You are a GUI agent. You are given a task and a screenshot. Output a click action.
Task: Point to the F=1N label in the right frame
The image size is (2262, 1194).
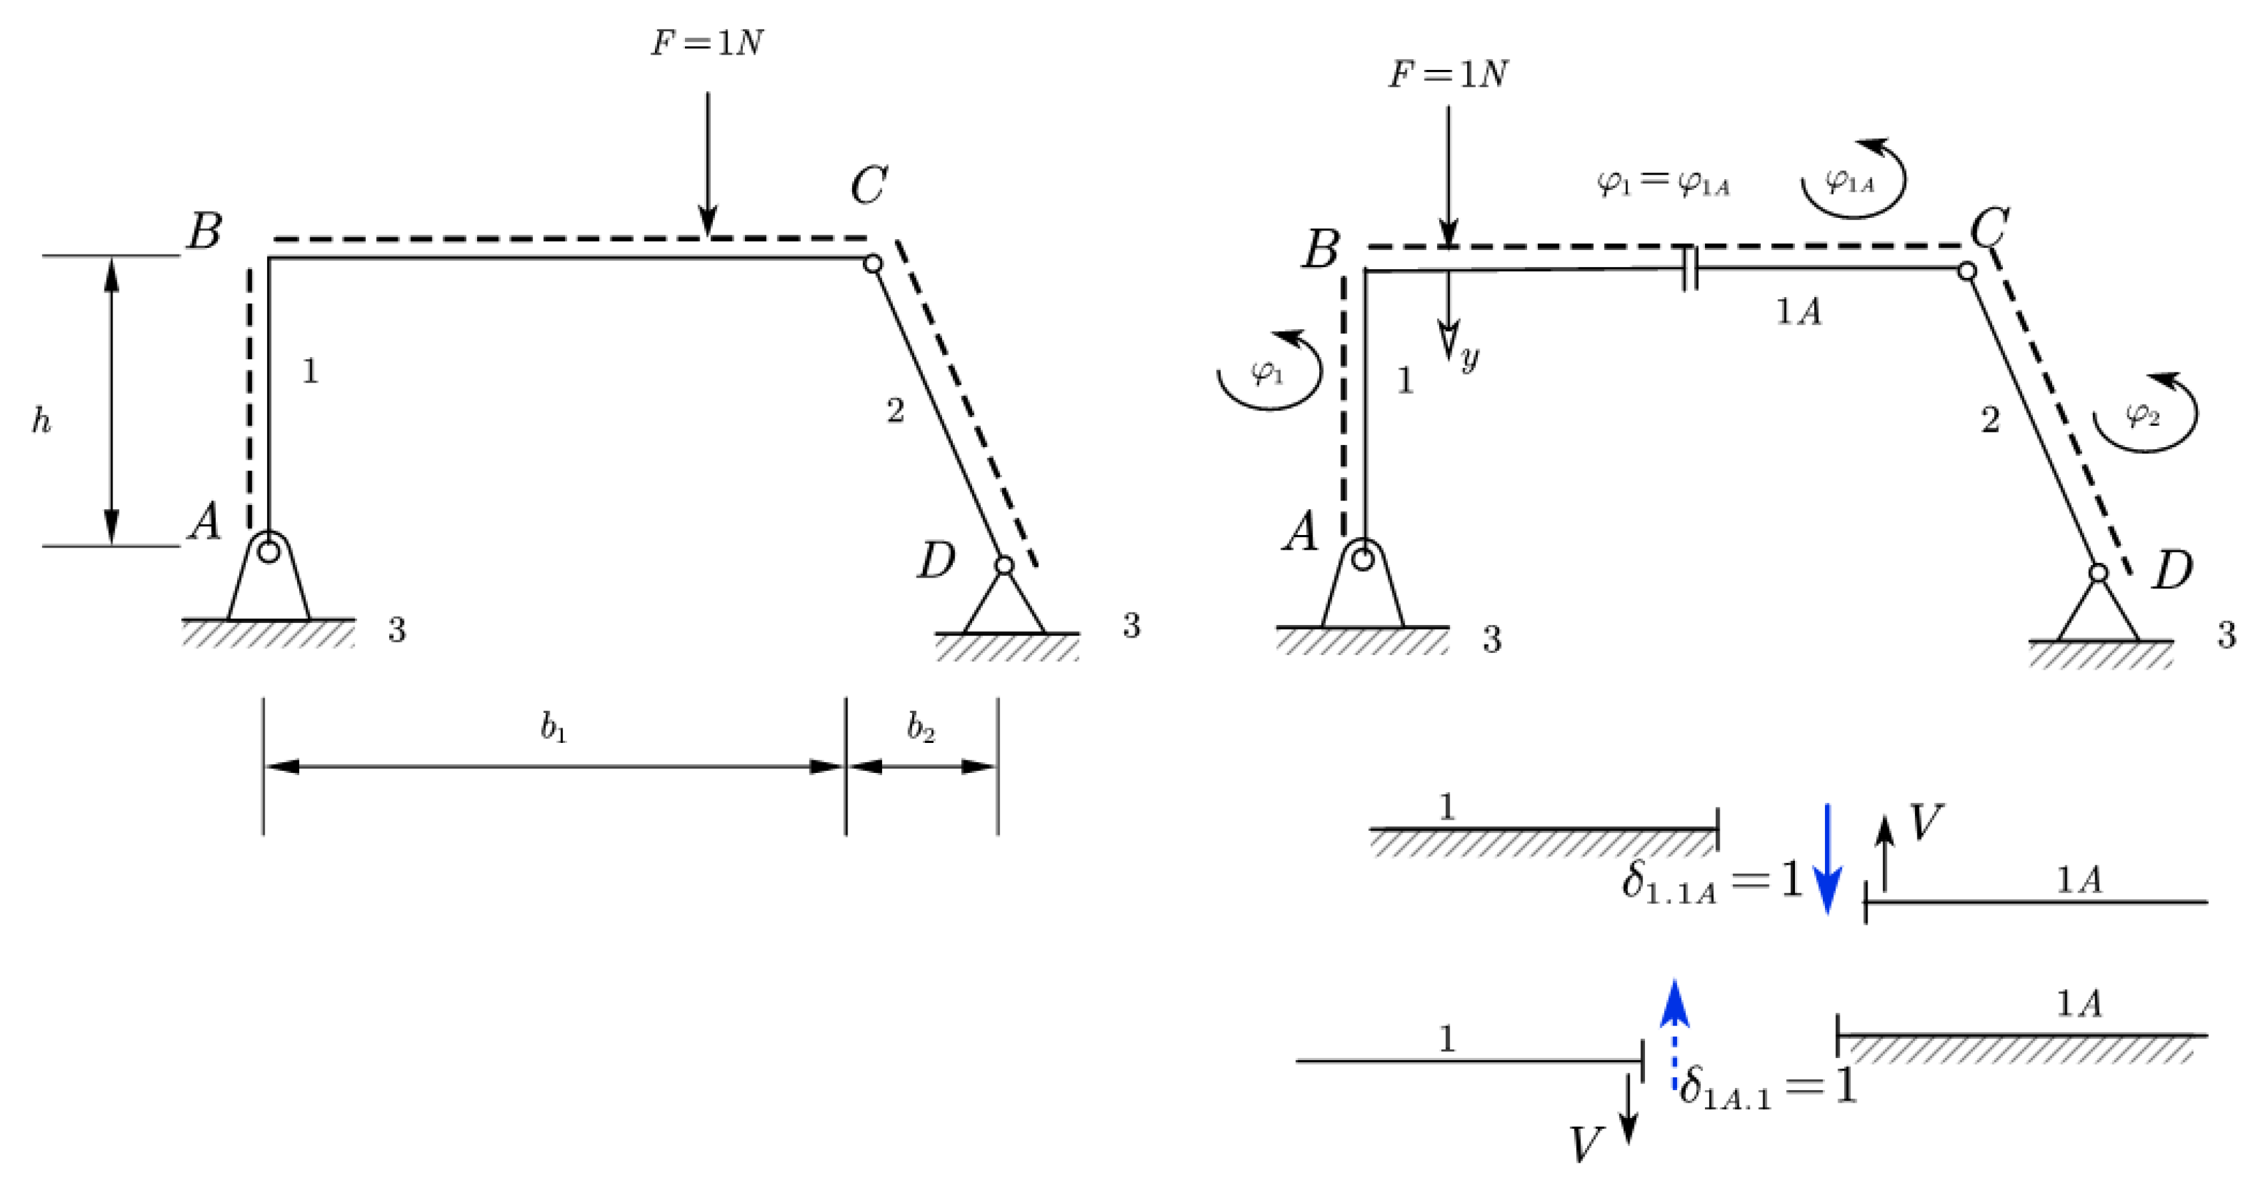coord(1447,75)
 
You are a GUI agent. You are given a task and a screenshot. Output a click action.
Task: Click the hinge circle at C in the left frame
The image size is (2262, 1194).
coord(872,263)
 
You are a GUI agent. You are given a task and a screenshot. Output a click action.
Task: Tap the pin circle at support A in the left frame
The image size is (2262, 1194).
coord(269,551)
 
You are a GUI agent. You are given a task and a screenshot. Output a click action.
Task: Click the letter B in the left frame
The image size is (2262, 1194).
coord(205,232)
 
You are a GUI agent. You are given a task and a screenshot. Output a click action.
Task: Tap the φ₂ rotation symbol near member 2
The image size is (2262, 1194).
coord(2143,414)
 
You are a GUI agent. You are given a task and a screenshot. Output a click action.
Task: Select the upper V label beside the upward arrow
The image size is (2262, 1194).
coord(1926,823)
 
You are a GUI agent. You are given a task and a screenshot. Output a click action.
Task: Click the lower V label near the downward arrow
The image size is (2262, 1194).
coord(1586,1144)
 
